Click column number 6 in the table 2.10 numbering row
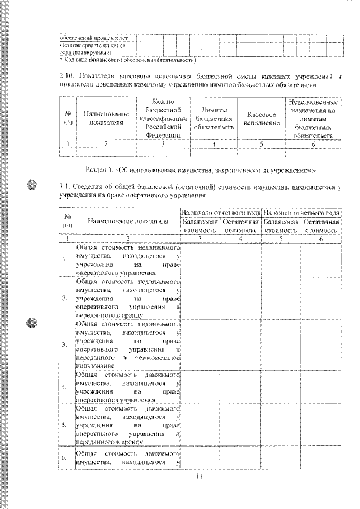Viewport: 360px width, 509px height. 313,143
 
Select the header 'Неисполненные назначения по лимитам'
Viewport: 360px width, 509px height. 313,118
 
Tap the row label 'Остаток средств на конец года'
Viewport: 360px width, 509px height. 92,48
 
